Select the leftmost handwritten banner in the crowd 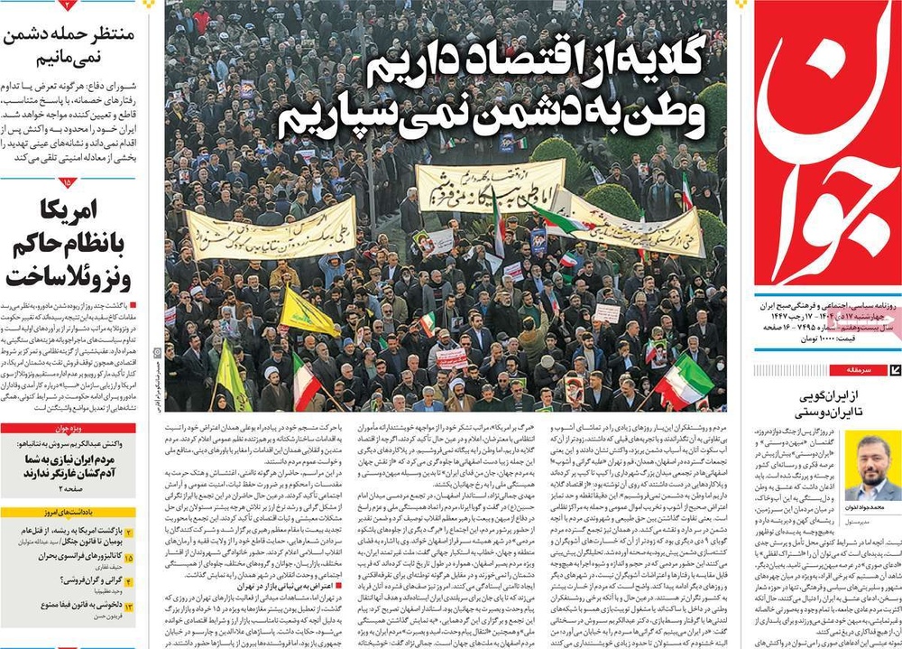(x=271, y=230)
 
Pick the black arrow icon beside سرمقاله (x=894, y=369)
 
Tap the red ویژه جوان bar (x=68, y=429)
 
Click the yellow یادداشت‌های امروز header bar (x=68, y=513)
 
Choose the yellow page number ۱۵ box (x=130, y=559)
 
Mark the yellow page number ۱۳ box (x=130, y=607)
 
